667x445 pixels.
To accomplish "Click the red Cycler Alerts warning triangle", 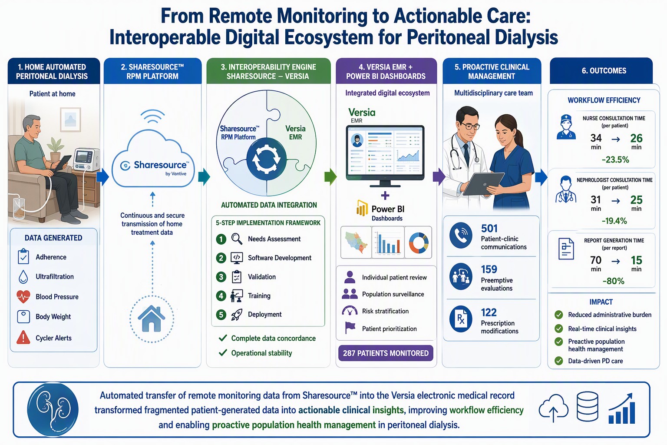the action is pyautogui.click(x=23, y=337).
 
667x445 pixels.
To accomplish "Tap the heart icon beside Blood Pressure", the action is pyautogui.click(x=23, y=296).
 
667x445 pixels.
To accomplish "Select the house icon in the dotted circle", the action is pyautogui.click(x=152, y=319).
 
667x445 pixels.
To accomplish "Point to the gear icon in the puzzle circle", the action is pyautogui.click(x=267, y=159).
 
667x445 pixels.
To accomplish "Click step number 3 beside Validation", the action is pyautogui.click(x=221, y=277).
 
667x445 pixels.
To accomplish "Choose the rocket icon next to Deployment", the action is pyautogui.click(x=237, y=315).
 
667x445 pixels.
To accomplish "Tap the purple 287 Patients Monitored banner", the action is pyautogui.click(x=386, y=353).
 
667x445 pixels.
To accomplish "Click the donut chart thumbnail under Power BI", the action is pyautogui.click(x=418, y=242).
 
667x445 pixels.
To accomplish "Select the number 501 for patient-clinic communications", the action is pyautogui.click(x=489, y=229).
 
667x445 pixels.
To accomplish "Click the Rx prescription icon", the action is pyautogui.click(x=461, y=319).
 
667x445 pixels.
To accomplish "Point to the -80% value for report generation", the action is pyautogui.click(x=613, y=281).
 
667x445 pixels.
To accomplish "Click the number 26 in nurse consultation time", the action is pyautogui.click(x=636, y=138).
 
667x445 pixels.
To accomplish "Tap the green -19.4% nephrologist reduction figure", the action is pyautogui.click(x=614, y=221).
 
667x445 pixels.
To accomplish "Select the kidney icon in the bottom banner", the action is pyautogui.click(x=53, y=409).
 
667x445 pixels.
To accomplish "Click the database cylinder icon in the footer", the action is pyautogui.click(x=588, y=406).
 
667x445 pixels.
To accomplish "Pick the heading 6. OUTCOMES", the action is pyautogui.click(x=604, y=71).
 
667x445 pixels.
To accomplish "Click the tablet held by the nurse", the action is pyautogui.click(x=483, y=184).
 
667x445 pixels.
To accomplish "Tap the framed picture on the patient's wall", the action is pyautogui.click(x=71, y=120).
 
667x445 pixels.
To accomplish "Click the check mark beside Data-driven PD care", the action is pyautogui.click(x=558, y=361).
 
